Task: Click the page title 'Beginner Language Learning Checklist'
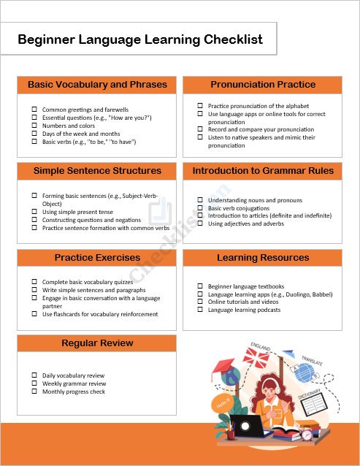coord(140,39)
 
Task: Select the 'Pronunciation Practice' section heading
coord(263,85)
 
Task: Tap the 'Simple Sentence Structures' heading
coord(97,171)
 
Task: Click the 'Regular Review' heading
coord(97,343)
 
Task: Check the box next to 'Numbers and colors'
coord(34,126)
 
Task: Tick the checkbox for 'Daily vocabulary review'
coord(34,375)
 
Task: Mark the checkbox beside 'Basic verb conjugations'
coord(200,208)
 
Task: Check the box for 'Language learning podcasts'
coord(200,310)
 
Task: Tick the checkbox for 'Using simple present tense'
coord(34,212)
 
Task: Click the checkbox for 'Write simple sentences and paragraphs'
coord(34,290)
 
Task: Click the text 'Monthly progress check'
coord(74,391)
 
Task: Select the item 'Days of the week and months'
coord(81,134)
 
